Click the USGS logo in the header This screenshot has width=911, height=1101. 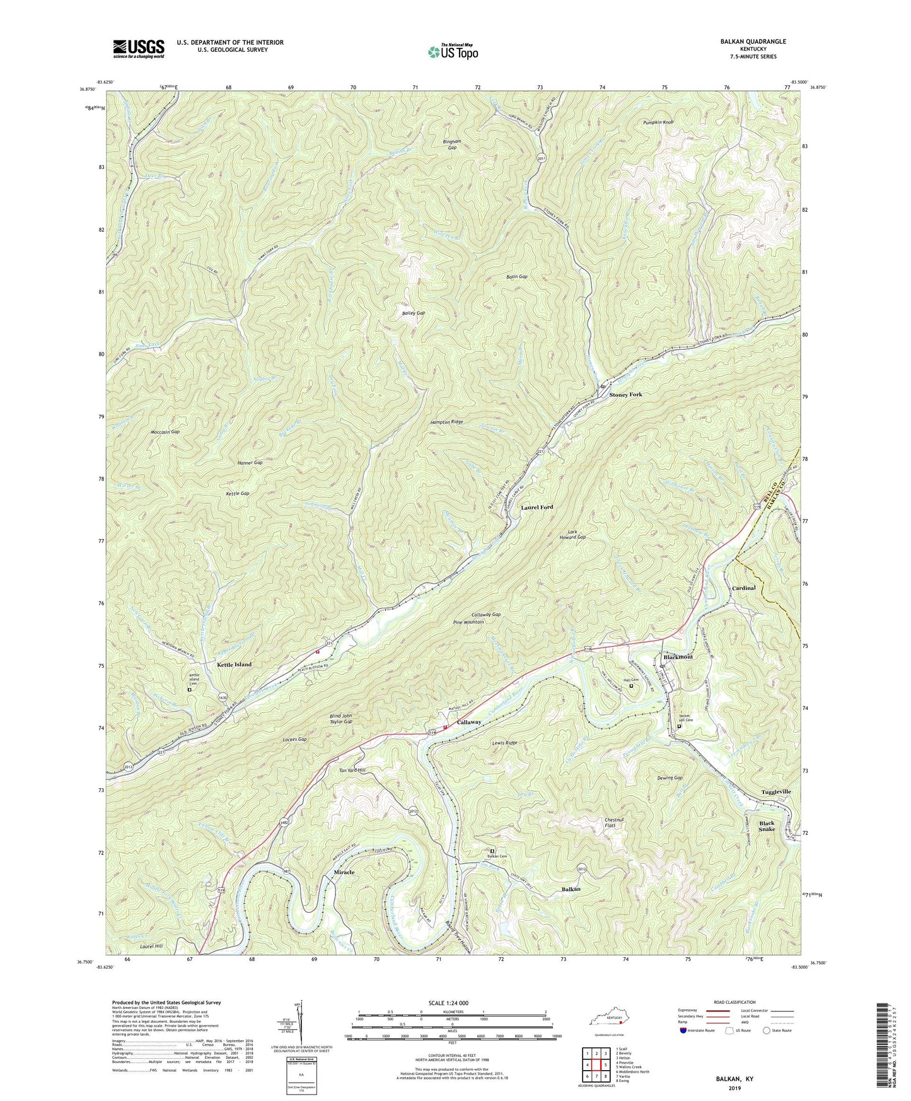[x=139, y=49]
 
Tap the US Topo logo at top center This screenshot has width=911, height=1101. [x=452, y=51]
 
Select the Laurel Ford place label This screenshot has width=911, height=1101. [x=537, y=507]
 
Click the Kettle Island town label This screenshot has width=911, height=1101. [x=234, y=665]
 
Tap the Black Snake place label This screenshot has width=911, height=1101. [x=767, y=827]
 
